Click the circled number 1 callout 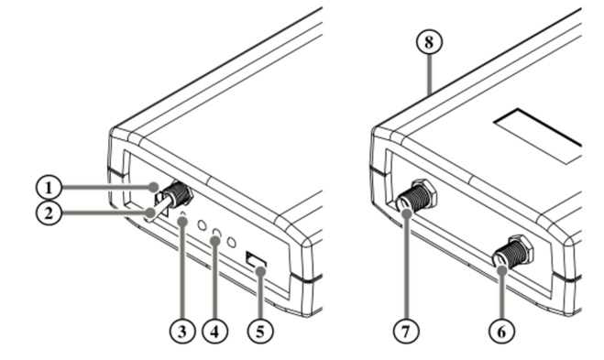[x=49, y=188]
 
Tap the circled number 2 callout [x=49, y=213]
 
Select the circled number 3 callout [x=182, y=331]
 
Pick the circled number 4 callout [x=215, y=331]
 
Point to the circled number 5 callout [x=260, y=331]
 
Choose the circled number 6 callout [x=501, y=331]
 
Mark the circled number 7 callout [x=406, y=331]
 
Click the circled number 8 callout [x=429, y=41]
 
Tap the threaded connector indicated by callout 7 [x=416, y=196]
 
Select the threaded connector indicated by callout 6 [x=512, y=251]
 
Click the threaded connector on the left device [x=177, y=196]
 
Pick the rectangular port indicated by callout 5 [x=256, y=260]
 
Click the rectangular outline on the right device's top [x=538, y=136]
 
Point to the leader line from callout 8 [x=430, y=74]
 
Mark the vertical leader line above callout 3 [x=182, y=269]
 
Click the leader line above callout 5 [x=261, y=295]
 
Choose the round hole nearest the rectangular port [x=232, y=243]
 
